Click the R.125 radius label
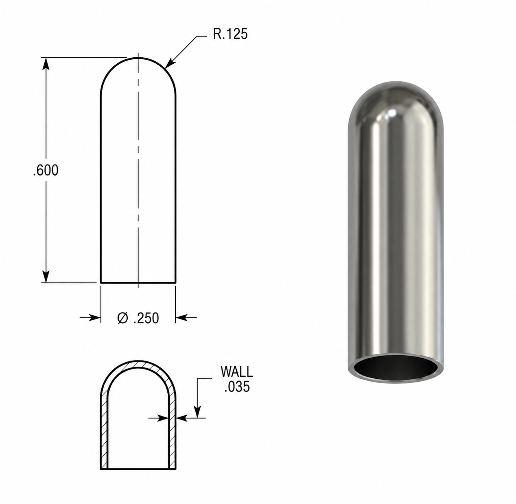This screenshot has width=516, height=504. (x=230, y=34)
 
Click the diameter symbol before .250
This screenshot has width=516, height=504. (x=123, y=318)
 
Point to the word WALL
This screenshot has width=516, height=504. (x=237, y=372)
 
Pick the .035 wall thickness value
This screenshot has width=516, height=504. (x=237, y=387)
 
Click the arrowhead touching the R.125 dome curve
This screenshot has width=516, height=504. (x=170, y=63)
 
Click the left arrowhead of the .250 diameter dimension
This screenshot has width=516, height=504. (x=94, y=317)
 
